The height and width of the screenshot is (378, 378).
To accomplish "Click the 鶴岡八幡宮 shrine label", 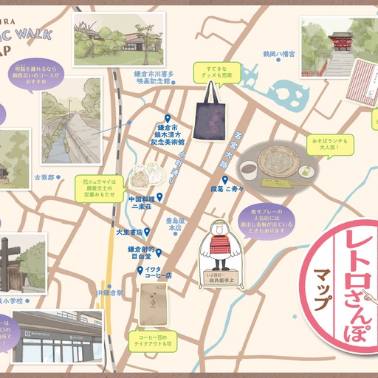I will (278, 53).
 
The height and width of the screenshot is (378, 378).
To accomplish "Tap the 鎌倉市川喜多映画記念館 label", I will (154, 78).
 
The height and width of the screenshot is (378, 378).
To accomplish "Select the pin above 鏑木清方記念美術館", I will (167, 118).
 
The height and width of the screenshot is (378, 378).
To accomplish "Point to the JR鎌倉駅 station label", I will (106, 292).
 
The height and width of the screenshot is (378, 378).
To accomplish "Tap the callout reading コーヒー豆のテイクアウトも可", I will (151, 340).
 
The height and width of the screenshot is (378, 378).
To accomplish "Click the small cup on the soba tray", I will (251, 168).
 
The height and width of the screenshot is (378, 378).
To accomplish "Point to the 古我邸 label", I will (44, 177).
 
